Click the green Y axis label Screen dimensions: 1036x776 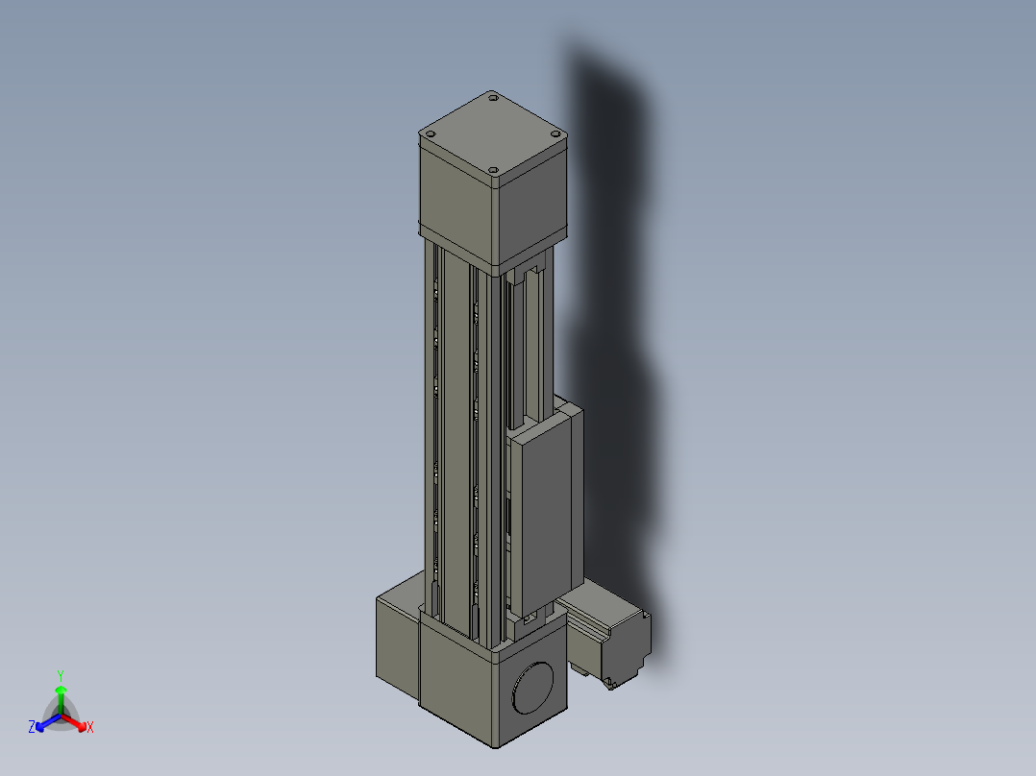(x=61, y=675)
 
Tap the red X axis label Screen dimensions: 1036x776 (x=90, y=727)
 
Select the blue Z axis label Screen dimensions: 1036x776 (x=32, y=726)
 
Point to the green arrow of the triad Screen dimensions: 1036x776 (x=61, y=699)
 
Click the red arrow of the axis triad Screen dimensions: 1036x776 (x=75, y=722)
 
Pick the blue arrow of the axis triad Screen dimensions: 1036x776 (x=48, y=722)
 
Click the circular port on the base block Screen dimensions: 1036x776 (x=532, y=688)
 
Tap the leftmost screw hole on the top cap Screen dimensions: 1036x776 (x=431, y=134)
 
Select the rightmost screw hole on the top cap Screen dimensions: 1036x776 (x=556, y=134)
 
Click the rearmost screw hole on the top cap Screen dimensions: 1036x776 (x=493, y=98)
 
